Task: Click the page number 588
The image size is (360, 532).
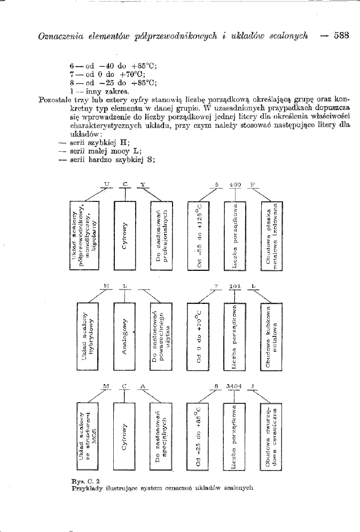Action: coord(341,36)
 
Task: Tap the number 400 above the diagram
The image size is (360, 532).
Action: coord(236,185)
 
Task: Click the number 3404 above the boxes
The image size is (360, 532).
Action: coord(234,386)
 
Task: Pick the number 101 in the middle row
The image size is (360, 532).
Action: coord(236,287)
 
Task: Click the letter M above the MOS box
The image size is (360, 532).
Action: coord(107,386)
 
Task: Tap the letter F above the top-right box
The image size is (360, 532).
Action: coord(253,185)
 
